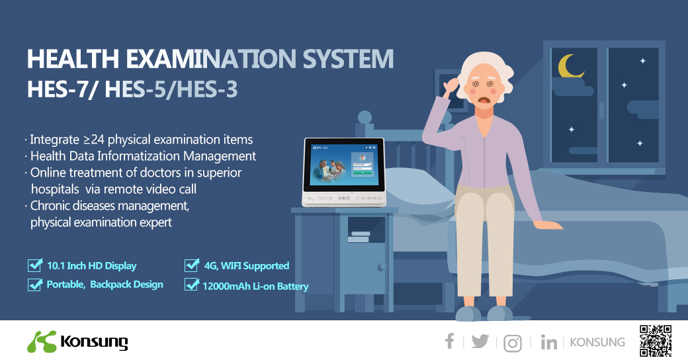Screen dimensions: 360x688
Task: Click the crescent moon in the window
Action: point(568,66)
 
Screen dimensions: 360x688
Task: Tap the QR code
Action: point(656,341)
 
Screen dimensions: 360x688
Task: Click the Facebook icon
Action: point(450,341)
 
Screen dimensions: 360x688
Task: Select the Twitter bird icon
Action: point(480,341)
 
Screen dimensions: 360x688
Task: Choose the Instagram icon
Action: point(513,343)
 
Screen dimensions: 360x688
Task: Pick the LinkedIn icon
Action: point(548,342)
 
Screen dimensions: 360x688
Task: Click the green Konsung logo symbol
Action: point(41,341)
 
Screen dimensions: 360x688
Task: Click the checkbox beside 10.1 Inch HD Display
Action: point(34,265)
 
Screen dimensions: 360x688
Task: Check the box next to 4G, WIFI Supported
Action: point(192,265)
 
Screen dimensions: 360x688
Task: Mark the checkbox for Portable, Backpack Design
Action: point(34,285)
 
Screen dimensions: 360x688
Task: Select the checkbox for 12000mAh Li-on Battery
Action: point(192,285)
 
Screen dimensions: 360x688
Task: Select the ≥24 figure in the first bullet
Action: point(93,140)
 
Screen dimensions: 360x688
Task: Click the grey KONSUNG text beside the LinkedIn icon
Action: point(597,342)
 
